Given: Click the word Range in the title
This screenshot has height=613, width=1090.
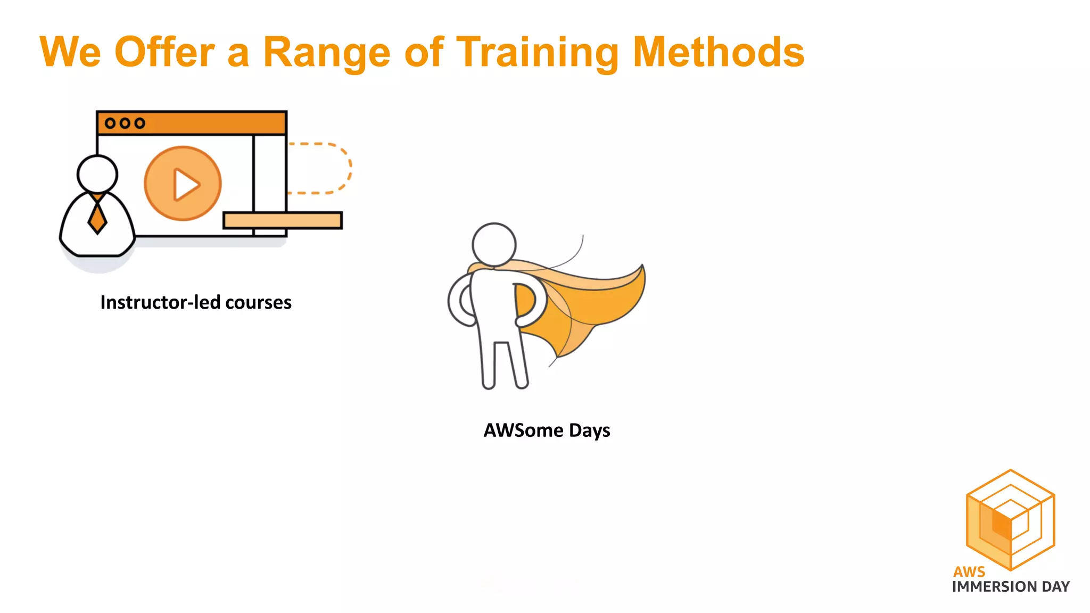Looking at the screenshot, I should tap(327, 53).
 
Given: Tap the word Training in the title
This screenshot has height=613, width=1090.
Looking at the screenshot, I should tap(538, 53).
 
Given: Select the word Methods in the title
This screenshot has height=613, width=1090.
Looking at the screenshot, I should tap(719, 52).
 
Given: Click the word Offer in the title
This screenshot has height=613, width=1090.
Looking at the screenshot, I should tap(164, 52).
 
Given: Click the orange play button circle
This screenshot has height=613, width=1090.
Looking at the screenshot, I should tap(183, 184).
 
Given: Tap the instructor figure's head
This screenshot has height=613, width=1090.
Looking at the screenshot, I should tap(97, 173).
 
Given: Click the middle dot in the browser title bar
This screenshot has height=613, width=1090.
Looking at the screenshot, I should tap(125, 123).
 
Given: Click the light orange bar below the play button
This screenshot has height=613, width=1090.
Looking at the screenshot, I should tap(283, 220).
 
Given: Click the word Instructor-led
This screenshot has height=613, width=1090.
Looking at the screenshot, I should tap(160, 302).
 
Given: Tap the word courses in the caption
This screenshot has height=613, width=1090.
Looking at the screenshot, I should tap(258, 303).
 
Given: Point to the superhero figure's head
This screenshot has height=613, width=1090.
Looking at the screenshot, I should tap(494, 244).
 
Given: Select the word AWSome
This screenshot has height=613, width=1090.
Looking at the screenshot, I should tap(523, 430).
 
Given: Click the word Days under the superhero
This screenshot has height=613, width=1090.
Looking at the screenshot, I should tap(590, 430).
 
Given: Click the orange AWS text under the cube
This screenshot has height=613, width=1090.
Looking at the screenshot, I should tap(969, 572).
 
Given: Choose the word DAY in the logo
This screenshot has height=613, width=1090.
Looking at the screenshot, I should tap(1056, 587).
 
